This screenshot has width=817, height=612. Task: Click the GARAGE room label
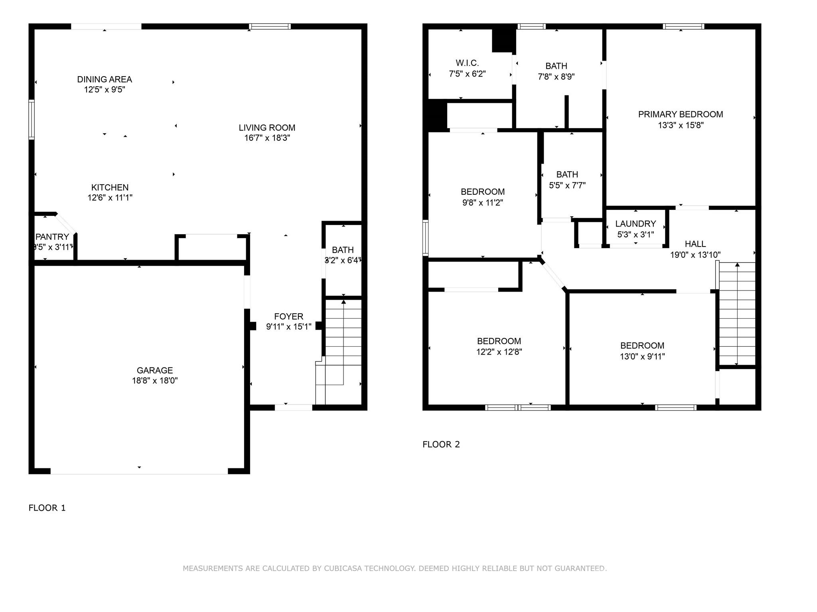tap(155, 370)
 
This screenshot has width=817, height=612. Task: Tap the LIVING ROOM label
tap(267, 128)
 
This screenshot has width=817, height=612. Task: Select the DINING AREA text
tap(105, 79)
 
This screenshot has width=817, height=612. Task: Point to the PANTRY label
tap(52, 237)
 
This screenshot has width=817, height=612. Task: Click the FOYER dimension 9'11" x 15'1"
tap(289, 327)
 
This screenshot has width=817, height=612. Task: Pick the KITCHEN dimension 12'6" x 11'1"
tap(110, 197)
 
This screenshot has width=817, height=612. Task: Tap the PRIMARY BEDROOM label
tap(681, 115)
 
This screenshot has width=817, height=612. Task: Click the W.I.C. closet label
tap(467, 63)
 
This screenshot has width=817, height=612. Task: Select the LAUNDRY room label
tap(635, 224)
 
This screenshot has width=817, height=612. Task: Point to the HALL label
tap(695, 244)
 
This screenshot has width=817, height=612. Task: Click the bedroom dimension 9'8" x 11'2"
tap(483, 203)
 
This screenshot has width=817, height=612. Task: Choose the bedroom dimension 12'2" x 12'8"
tap(499, 352)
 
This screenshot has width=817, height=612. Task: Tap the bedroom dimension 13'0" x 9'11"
tap(642, 357)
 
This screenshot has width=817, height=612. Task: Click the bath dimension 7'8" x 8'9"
tap(556, 77)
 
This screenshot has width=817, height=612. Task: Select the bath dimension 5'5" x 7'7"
tap(567, 186)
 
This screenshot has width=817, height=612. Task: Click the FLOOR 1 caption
tap(47, 508)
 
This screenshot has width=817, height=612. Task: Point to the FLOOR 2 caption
tap(441, 444)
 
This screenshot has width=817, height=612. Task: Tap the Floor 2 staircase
tap(737, 314)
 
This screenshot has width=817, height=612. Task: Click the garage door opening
tap(139, 471)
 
